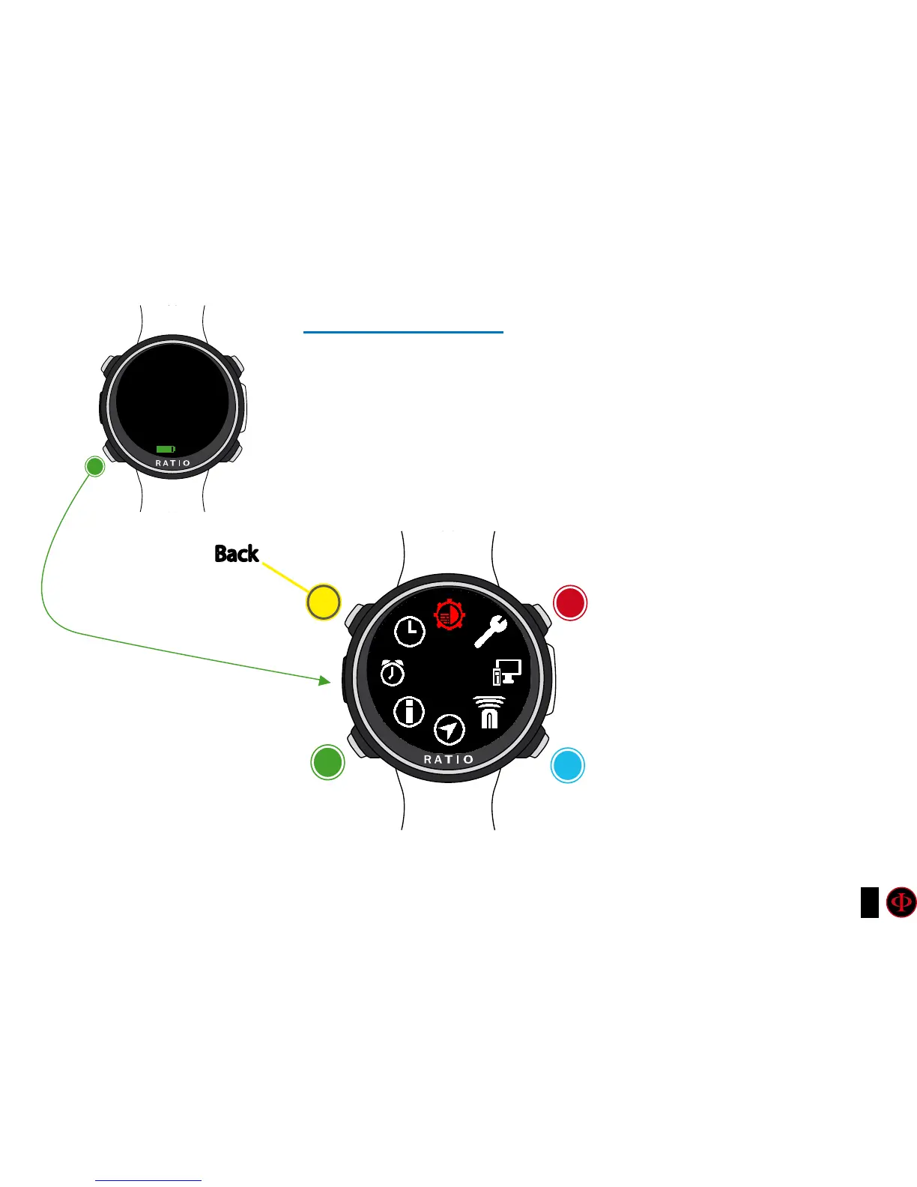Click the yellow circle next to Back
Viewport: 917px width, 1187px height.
coord(324,602)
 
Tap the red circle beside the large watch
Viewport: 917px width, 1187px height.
coord(569,603)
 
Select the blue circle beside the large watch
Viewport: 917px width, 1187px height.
coord(567,765)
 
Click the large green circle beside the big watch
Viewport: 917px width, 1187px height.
coord(327,762)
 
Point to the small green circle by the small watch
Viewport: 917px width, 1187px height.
coord(95,467)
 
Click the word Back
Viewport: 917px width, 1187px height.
coord(237,554)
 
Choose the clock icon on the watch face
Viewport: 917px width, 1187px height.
coord(410,632)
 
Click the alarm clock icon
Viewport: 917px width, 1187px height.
coord(392,672)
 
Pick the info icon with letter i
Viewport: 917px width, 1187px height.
coord(409,711)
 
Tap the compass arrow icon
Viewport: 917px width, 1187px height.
coord(449,729)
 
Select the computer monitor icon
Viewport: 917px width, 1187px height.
coord(506,672)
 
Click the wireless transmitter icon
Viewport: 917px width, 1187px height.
coord(489,712)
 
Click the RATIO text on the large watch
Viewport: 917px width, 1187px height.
coord(449,760)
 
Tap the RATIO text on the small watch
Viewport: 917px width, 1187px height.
coord(173,463)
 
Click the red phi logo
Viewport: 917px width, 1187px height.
coord(901,902)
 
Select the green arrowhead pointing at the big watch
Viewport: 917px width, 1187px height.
coord(324,680)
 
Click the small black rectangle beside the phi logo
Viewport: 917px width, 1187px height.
coord(869,902)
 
